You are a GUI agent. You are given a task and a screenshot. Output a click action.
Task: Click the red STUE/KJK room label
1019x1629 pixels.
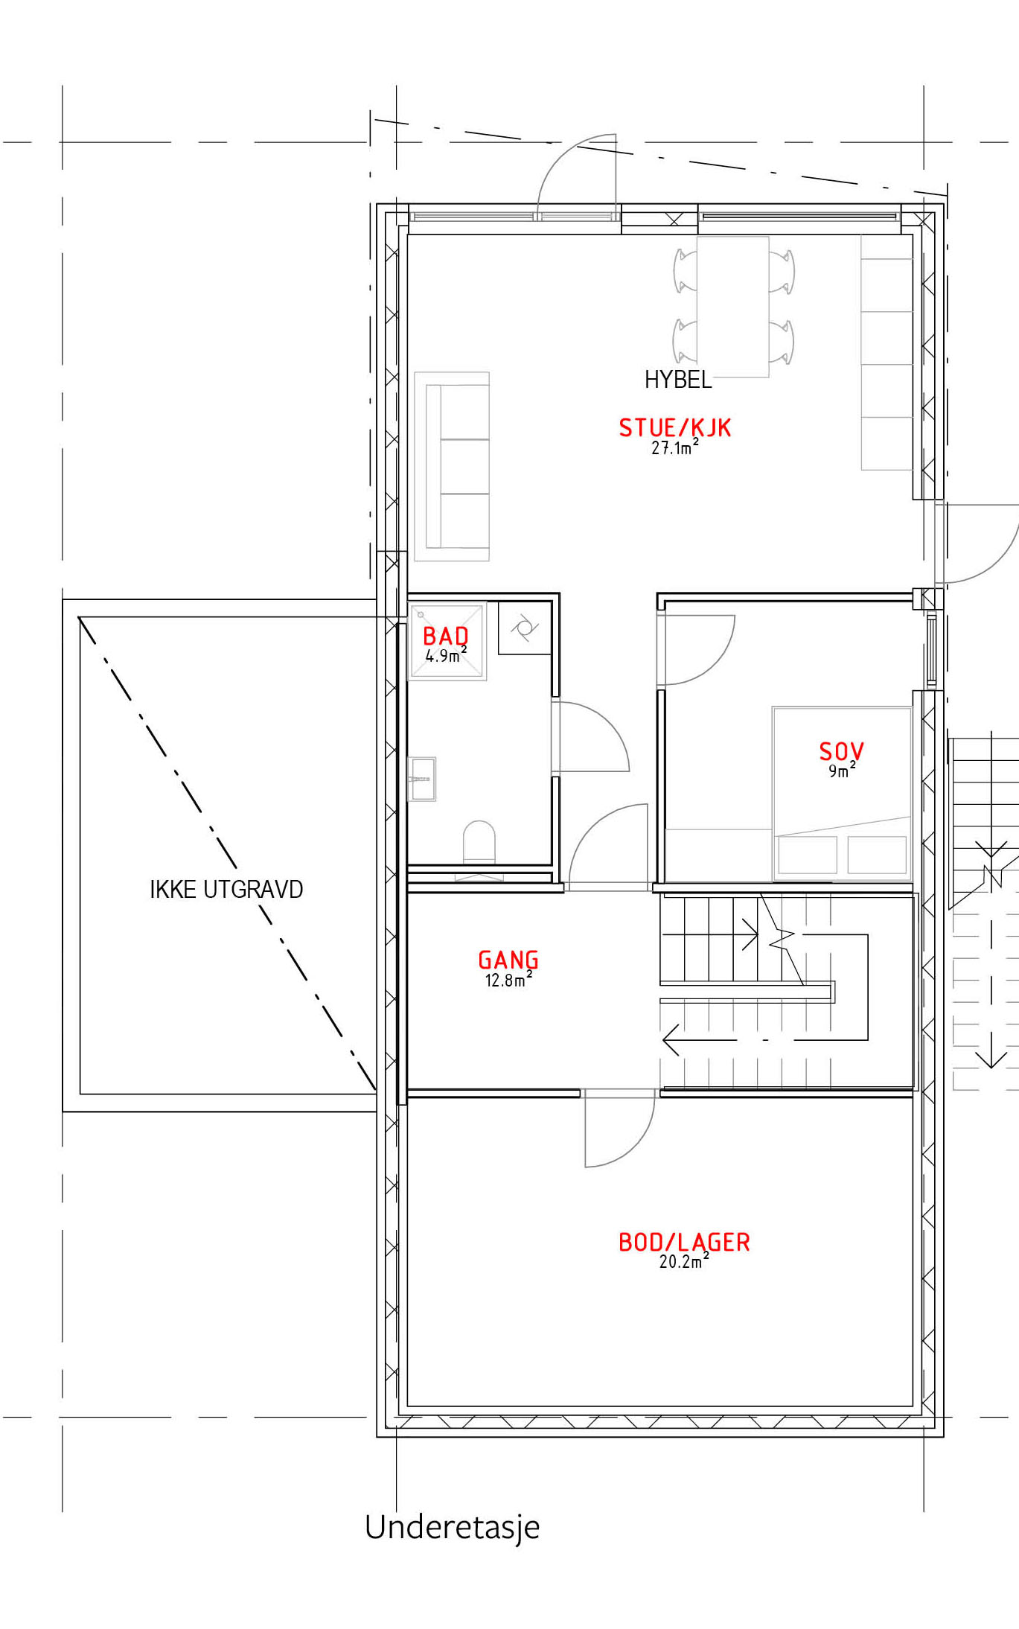pyautogui.click(x=675, y=428)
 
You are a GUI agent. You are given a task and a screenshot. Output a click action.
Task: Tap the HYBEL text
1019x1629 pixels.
pyautogui.click(x=678, y=380)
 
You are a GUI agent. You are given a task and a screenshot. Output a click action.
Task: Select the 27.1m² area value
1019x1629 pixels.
pyautogui.click(x=675, y=447)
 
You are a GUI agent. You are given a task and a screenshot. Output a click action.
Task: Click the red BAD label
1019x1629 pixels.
pyautogui.click(x=446, y=636)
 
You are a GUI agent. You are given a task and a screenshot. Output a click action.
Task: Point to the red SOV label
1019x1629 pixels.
pyautogui.click(x=841, y=751)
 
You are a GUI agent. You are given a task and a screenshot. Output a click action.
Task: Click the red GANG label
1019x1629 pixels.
pyautogui.click(x=508, y=960)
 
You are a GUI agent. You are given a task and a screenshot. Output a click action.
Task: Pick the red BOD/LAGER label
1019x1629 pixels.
pyautogui.click(x=684, y=1242)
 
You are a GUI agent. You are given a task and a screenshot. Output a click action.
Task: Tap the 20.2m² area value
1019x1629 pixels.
pyautogui.click(x=684, y=1260)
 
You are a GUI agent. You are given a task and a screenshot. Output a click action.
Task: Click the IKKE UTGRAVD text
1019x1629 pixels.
pyautogui.click(x=226, y=889)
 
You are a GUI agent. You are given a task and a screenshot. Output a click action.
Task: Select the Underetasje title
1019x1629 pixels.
pyautogui.click(x=453, y=1526)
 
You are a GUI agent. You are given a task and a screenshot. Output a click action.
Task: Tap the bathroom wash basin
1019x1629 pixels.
pyautogui.click(x=422, y=779)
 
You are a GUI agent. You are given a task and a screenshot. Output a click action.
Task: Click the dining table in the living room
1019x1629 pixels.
pyautogui.click(x=732, y=307)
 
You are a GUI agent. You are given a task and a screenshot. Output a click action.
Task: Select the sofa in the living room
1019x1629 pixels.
pyautogui.click(x=452, y=466)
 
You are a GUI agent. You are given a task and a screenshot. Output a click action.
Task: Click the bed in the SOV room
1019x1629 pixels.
pyautogui.click(x=842, y=794)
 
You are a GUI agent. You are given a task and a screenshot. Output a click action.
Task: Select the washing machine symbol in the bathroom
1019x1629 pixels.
pyautogui.click(x=525, y=628)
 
